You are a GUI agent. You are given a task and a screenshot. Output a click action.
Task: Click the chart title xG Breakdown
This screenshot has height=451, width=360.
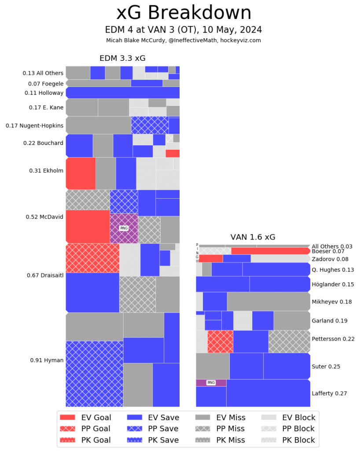(184, 13)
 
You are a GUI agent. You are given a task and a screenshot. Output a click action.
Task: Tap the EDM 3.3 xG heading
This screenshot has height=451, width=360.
(122, 58)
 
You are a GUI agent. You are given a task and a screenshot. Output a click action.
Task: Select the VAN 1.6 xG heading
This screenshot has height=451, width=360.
(253, 237)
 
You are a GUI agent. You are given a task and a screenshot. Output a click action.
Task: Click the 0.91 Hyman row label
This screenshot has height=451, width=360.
(47, 360)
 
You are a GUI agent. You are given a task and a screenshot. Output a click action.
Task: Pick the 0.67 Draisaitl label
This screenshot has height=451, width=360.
(44, 276)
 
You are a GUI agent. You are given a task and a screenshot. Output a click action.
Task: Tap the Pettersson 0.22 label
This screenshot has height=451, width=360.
(333, 339)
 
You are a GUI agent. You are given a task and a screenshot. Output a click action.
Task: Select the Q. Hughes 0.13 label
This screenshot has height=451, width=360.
(333, 270)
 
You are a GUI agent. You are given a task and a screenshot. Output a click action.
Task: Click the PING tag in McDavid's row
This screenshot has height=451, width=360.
(124, 228)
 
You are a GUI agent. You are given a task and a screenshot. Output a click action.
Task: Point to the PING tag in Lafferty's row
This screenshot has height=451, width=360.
(211, 383)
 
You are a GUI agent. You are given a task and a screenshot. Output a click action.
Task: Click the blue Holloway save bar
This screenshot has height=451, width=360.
(122, 92)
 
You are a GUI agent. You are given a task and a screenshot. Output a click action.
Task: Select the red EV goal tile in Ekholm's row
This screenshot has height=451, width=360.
(81, 173)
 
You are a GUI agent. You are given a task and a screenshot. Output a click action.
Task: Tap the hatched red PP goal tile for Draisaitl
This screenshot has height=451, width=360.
(92, 258)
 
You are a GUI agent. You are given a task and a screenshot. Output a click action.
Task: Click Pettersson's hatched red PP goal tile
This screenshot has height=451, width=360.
(220, 342)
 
